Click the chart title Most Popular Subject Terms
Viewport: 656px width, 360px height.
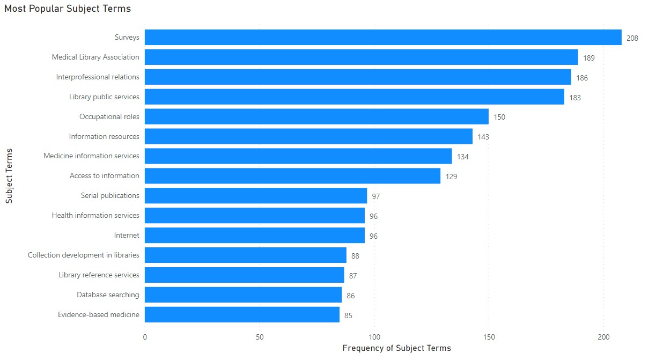[68, 9]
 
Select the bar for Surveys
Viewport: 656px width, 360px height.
[383, 38]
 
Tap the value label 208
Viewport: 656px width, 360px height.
[632, 38]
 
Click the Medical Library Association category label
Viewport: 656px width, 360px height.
[95, 57]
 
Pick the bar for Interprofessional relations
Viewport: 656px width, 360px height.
[358, 77]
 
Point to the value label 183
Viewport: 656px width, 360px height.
[575, 98]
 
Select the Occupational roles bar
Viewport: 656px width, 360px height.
[316, 117]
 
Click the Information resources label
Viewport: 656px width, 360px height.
[104, 137]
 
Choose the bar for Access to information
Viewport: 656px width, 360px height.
[292, 176]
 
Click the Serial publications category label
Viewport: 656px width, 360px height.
[110, 196]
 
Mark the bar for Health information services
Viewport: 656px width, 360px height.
[255, 216]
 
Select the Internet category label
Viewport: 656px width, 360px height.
[127, 236]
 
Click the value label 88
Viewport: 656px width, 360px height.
[355, 256]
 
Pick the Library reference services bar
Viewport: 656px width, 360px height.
[244, 275]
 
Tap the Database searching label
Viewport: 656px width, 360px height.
[108, 295]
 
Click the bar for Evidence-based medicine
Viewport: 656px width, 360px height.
[242, 315]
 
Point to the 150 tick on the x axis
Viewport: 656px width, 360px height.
[489, 337]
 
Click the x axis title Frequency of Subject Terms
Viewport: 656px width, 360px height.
[396, 349]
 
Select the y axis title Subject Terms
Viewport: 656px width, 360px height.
[9, 176]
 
